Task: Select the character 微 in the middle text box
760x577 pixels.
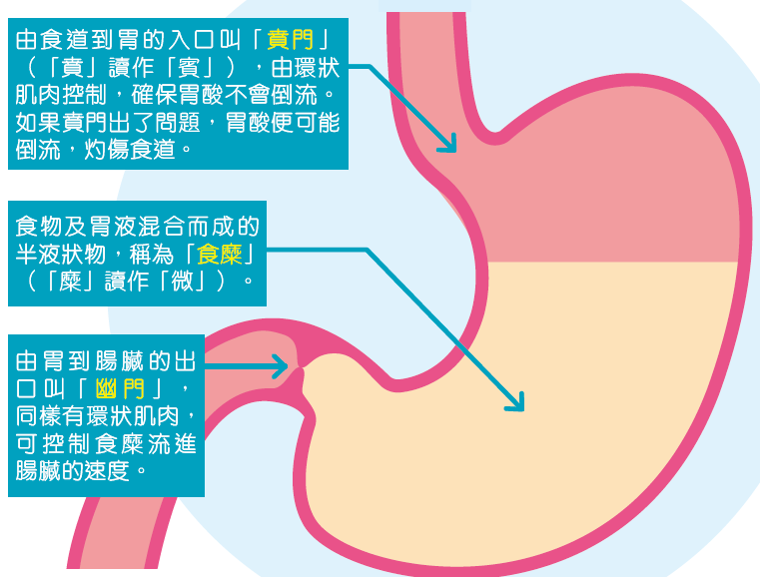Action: tap(200, 276)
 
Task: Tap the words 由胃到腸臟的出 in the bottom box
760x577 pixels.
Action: tap(106, 359)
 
